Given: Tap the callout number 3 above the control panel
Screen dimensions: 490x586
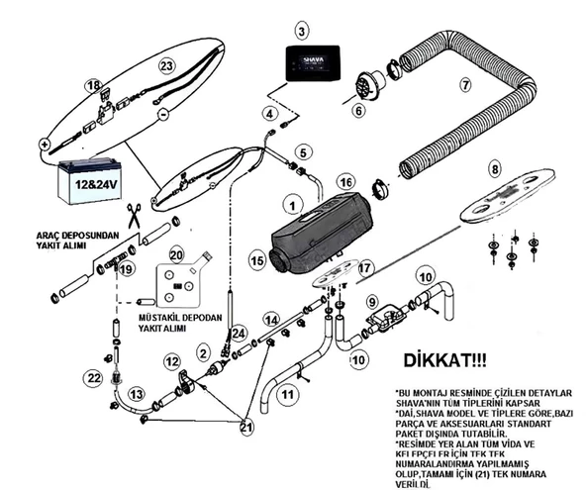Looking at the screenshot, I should coord(302,32).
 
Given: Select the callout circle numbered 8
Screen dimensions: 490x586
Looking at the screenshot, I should coord(495,169).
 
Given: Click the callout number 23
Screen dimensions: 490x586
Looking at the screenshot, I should coord(166,65).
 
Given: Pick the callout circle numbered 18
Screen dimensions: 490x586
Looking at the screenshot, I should coord(93,88).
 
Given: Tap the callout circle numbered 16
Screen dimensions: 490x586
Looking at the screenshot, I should coord(345,182).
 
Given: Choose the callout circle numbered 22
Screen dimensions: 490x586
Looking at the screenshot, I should coord(94,378).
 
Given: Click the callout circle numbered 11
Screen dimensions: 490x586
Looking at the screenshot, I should coord(288,394).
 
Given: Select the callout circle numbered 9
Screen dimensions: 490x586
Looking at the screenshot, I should coord(372,301).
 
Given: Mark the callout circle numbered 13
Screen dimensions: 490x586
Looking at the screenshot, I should coord(137,394).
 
